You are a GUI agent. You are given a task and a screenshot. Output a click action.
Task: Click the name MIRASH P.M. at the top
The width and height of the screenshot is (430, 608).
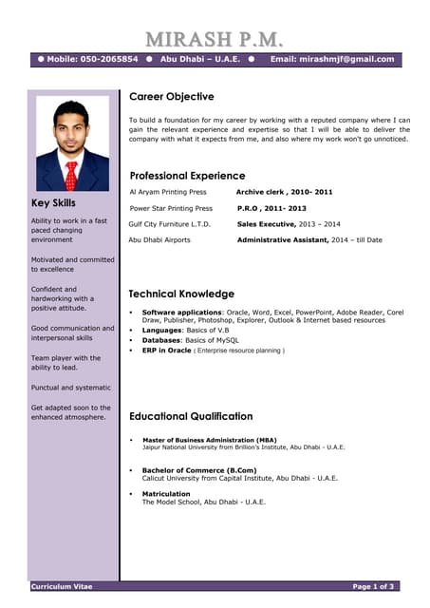[215, 40]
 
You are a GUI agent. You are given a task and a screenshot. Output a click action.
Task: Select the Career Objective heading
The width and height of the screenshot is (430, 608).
[172, 96]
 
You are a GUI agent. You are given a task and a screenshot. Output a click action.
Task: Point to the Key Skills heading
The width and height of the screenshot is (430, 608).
[53, 203]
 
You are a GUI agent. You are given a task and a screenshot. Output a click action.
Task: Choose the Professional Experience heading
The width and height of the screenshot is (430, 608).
[187, 176]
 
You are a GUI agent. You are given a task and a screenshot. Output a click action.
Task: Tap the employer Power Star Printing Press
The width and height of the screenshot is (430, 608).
[171, 208]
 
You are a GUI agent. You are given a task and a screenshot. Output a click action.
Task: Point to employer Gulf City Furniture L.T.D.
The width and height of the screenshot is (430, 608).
[169, 224]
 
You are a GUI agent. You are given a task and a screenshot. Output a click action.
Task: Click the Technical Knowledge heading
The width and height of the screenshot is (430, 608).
[181, 294]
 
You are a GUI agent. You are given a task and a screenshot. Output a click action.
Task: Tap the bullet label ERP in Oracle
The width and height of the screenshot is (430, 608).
[166, 351]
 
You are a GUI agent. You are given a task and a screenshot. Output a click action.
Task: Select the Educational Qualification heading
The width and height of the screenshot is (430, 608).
[191, 416]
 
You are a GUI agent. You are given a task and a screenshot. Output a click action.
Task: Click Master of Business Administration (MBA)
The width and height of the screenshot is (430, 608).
[210, 440]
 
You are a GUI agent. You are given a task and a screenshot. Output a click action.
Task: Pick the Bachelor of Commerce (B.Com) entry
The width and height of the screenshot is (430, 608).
[199, 470]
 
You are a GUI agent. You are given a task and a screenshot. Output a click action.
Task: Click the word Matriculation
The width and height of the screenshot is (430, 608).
[166, 494]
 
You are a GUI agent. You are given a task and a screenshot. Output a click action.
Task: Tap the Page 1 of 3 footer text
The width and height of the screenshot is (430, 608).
[374, 586]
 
